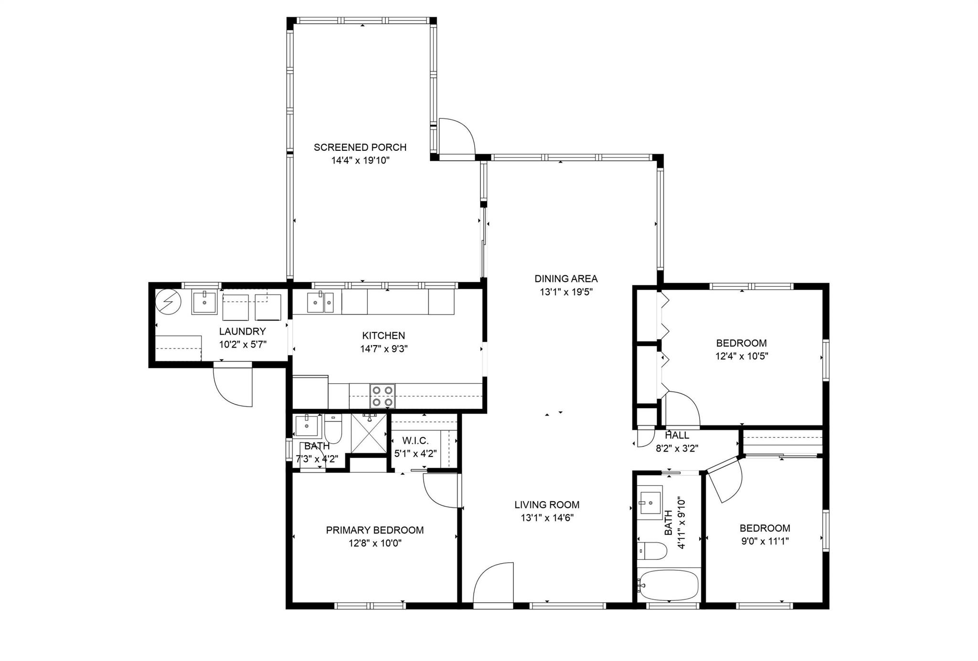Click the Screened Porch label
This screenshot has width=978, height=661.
[x=360, y=147]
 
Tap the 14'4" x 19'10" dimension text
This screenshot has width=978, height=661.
[x=361, y=161]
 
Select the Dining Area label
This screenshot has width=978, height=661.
[x=566, y=279]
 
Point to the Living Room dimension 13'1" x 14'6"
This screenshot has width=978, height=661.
[x=547, y=518]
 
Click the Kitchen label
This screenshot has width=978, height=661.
[x=383, y=336]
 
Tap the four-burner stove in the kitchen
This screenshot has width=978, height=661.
[x=383, y=396]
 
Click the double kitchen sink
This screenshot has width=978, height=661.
[x=320, y=302]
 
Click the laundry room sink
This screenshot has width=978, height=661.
[x=204, y=302]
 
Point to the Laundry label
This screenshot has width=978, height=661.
[x=242, y=332]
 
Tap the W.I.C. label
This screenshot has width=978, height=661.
[x=415, y=441]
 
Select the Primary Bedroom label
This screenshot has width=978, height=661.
[x=375, y=530]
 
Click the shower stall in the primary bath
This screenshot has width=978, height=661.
[x=369, y=433]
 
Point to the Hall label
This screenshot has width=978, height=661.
[x=677, y=435]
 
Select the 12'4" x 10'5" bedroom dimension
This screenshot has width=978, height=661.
[x=742, y=356]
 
